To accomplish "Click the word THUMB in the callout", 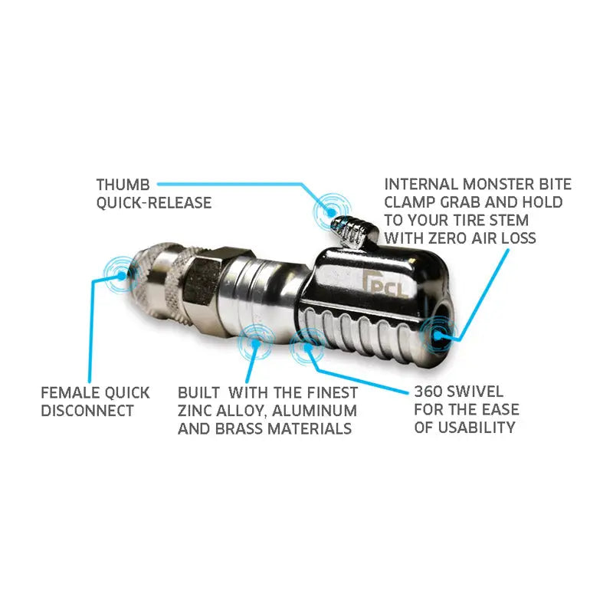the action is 123,185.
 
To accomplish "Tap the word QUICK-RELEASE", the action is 154,203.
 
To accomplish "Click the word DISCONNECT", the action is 87,411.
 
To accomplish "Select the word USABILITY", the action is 476,428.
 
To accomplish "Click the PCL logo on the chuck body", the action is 385,281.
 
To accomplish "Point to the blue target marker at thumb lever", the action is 332,212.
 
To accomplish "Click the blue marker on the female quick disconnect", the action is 122,275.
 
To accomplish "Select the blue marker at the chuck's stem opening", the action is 438,335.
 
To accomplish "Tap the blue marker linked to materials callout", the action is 256,343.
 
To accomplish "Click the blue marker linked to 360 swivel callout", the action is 308,346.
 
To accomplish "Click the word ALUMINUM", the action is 314,411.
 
